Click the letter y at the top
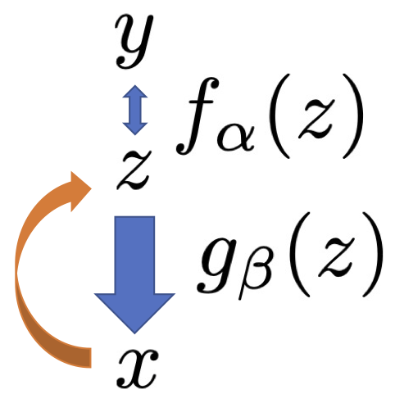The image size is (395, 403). coord(134,41)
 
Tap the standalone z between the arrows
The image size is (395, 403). coord(134,170)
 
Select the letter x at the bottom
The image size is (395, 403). coord(138,369)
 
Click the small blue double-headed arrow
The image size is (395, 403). coord(135,110)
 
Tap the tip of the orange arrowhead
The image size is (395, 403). coord(91,188)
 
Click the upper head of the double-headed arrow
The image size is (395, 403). coord(135,92)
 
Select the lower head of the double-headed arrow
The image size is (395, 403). coord(135,129)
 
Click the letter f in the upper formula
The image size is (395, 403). coord(197,116)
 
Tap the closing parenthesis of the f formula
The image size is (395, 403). coord(353,115)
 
